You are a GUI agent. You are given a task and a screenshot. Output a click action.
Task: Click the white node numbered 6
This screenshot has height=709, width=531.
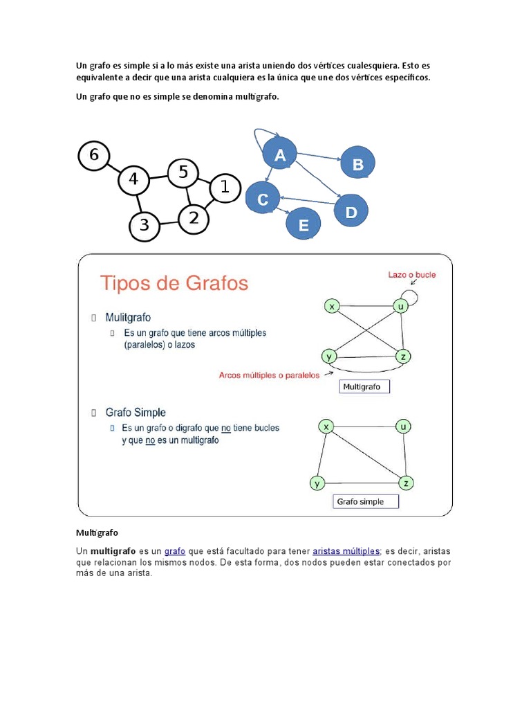point(94,155)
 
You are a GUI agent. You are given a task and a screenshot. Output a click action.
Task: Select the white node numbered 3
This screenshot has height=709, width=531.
point(145,225)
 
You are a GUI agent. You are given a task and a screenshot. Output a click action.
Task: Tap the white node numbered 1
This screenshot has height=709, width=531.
point(223,187)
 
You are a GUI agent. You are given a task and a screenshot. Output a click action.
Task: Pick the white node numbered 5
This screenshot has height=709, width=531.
point(183,172)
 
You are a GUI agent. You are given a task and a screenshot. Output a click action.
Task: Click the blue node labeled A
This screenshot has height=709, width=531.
point(279,155)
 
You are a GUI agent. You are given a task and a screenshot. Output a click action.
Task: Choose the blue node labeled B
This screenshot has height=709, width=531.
point(357,164)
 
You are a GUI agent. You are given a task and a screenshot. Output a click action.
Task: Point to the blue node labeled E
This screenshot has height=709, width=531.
point(303,224)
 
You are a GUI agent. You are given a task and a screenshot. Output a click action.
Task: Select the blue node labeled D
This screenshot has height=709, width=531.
point(351,211)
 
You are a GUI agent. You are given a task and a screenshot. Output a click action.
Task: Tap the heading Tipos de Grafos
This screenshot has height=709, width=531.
point(174,284)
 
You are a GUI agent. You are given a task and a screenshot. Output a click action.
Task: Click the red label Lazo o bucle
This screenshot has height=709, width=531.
point(411,274)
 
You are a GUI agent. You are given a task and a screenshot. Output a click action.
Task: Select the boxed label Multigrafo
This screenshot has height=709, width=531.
point(364,387)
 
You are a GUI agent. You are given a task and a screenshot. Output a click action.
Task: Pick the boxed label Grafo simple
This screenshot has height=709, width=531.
point(366,501)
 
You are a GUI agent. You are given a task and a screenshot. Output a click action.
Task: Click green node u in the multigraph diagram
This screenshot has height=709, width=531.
point(400,305)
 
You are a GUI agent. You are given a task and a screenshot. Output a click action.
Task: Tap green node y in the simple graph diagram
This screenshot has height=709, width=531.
point(317,483)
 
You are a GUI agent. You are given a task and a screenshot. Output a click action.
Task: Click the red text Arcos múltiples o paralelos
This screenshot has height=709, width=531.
point(269,375)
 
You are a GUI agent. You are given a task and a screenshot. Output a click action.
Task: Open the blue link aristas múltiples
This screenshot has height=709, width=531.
point(346,550)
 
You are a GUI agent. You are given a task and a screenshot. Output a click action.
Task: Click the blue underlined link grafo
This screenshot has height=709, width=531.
point(174,550)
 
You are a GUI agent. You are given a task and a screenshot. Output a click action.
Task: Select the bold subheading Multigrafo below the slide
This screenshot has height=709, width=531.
point(97,532)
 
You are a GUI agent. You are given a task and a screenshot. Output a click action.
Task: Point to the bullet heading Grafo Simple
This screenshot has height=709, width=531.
point(136,412)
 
